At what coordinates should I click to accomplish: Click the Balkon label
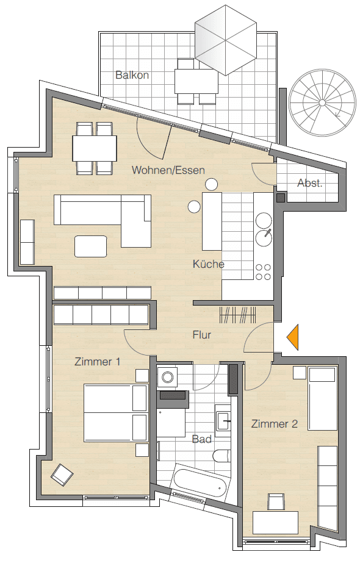click(132, 76)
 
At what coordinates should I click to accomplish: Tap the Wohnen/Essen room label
click(168, 170)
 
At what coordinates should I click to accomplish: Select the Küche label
click(208, 264)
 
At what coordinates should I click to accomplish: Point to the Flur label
click(201, 335)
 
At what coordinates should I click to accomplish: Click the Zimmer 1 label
click(97, 362)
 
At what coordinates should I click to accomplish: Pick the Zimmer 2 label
click(274, 424)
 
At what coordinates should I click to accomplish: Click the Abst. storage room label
click(309, 183)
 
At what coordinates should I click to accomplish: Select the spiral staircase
click(323, 101)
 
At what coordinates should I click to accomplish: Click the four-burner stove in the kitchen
click(264, 271)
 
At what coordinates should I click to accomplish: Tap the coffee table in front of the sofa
click(90, 246)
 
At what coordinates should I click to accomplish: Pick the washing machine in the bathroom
click(167, 376)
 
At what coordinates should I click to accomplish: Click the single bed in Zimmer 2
click(322, 398)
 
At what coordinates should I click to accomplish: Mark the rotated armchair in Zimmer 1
click(62, 475)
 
